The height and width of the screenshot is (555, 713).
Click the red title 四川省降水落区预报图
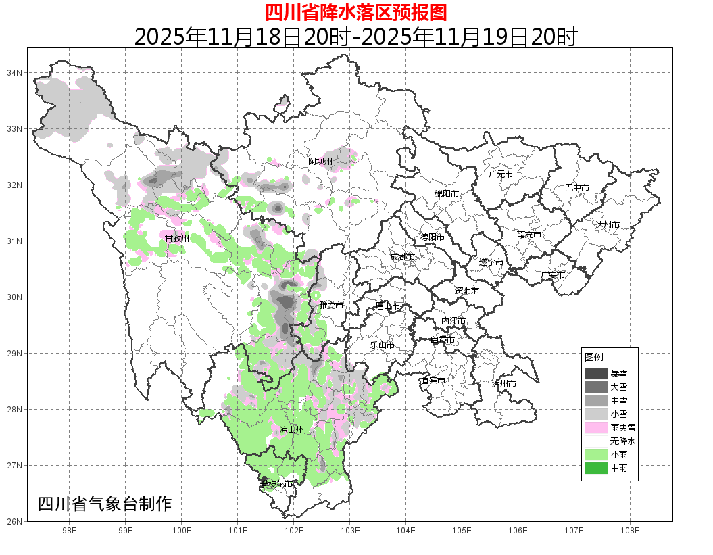[x=355, y=12]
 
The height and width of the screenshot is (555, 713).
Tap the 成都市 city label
[x=402, y=257]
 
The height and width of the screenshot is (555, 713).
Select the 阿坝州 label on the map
[x=321, y=161]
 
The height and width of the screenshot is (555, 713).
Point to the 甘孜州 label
[x=177, y=238]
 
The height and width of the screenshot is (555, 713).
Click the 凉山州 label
[x=292, y=430]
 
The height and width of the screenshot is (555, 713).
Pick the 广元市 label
[x=501, y=174]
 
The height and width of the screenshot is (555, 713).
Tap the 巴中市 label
[x=577, y=188]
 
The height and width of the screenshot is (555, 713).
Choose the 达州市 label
[x=608, y=224]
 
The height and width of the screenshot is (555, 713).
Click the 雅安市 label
[x=331, y=306]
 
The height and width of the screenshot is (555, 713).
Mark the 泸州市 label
[x=504, y=383]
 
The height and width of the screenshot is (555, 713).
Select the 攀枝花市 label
[x=276, y=484]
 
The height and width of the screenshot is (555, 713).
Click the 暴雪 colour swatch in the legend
[x=596, y=373]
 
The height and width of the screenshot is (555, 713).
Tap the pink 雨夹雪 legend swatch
[x=596, y=427]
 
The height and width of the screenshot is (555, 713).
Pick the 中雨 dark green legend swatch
[x=596, y=468]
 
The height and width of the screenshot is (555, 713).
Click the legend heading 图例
[x=594, y=357]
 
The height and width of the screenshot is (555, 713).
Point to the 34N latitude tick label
[x=15, y=72]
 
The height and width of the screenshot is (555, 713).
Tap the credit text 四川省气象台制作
[x=105, y=504]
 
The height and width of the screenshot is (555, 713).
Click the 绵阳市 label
[x=446, y=194]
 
